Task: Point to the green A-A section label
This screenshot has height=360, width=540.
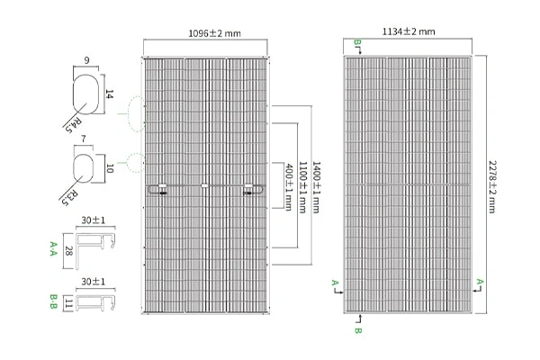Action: (54, 249)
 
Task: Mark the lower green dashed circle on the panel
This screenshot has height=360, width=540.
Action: (135, 162)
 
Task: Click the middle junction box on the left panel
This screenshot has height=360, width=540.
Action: (204, 187)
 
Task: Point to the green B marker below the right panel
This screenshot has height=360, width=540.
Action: (358, 332)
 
